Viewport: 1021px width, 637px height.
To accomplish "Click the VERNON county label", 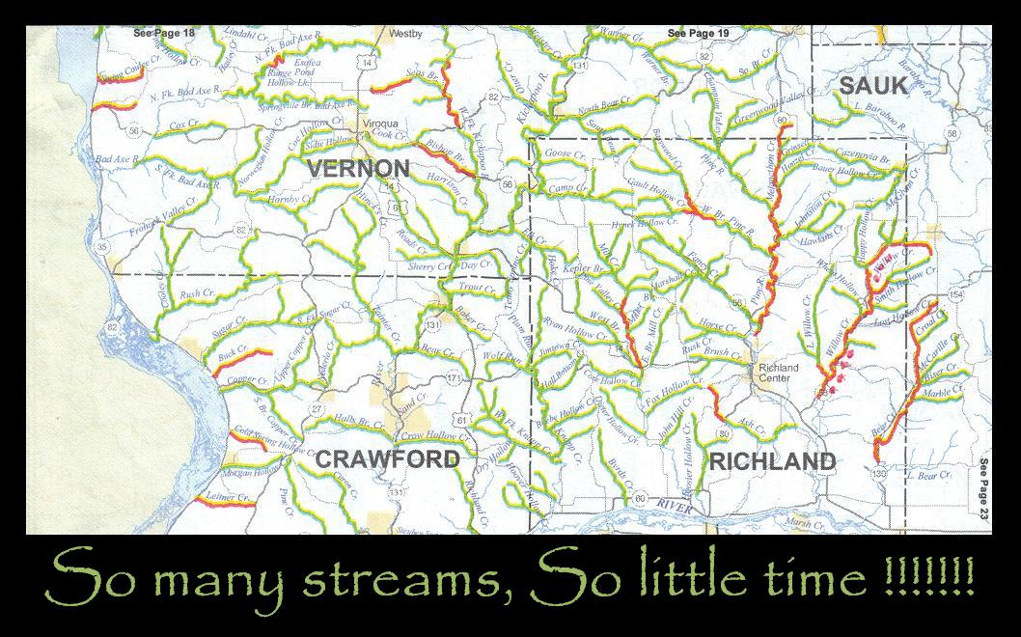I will [358, 169].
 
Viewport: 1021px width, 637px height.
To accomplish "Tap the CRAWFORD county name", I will [388, 458].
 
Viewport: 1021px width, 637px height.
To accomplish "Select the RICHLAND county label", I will [772, 461].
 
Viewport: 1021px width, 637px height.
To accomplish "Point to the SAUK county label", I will [872, 85].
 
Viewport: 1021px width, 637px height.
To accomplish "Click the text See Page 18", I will [163, 33].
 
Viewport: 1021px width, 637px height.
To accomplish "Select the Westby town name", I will [405, 33].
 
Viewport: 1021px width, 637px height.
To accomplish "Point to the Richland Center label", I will [779, 373].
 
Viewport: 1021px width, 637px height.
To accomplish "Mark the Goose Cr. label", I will [566, 154].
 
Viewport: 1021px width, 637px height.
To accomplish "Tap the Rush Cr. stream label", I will [196, 293].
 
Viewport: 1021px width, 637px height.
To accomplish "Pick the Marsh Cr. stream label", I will [801, 522].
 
